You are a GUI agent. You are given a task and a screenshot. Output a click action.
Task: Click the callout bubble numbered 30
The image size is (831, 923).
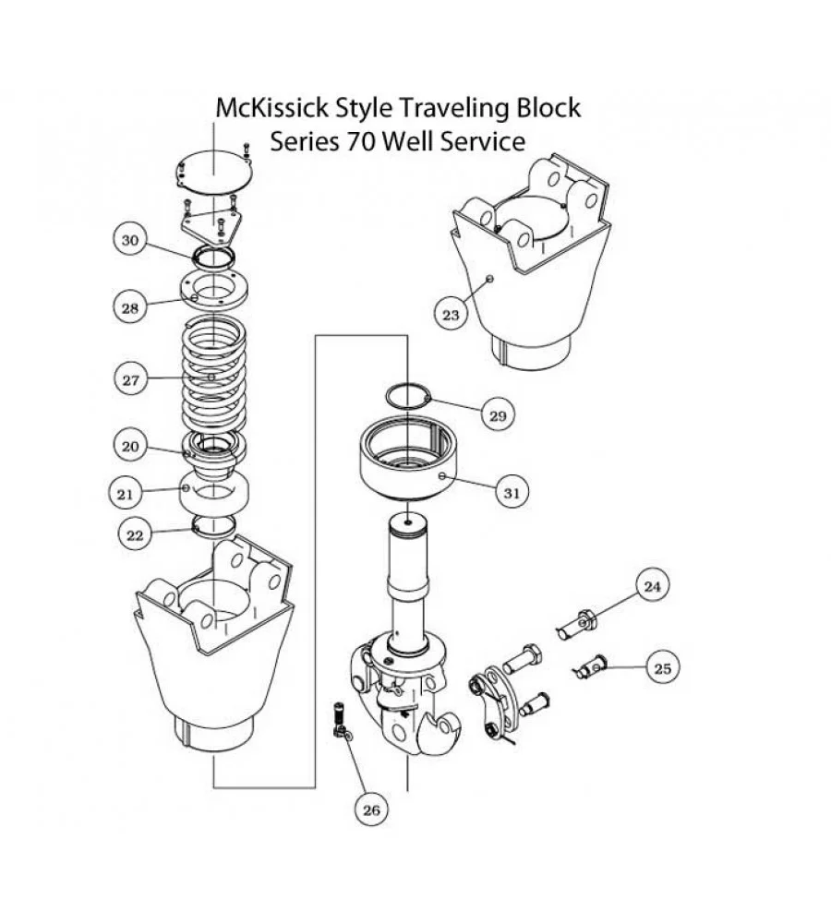[130, 240]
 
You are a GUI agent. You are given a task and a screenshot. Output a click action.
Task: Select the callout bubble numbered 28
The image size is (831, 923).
[130, 307]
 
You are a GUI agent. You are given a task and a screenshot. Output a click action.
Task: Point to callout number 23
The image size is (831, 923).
[450, 315]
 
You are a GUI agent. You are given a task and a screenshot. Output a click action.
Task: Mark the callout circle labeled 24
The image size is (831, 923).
[652, 586]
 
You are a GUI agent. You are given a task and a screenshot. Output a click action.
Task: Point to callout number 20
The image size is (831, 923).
[130, 446]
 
